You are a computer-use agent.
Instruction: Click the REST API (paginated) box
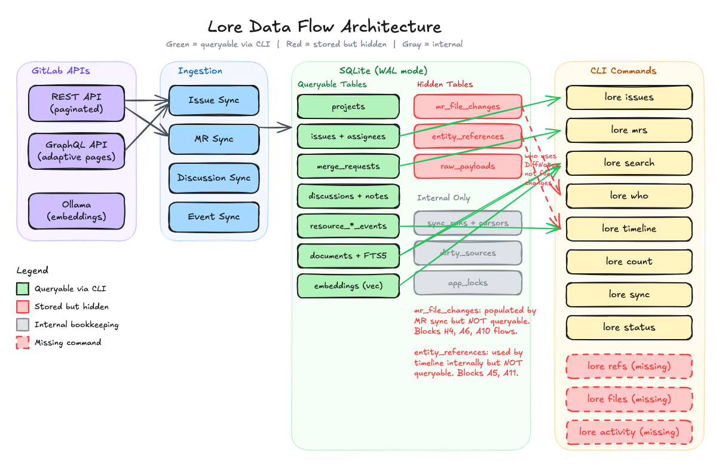point(77,103)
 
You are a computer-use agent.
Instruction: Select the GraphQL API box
point(77,151)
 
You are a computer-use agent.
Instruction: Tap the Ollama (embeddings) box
point(77,210)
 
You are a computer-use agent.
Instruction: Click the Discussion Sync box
point(214,178)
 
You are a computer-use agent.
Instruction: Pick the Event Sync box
point(214,216)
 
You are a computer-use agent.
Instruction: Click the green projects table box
point(348,107)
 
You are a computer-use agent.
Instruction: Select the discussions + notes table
point(348,196)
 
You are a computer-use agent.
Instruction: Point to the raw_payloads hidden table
point(468,166)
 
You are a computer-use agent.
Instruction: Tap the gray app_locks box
point(468,283)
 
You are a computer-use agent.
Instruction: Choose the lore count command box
point(629,261)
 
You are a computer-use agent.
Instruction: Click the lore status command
point(629,327)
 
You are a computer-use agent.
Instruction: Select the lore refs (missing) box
point(629,366)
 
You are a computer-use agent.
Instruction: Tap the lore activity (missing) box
point(629,432)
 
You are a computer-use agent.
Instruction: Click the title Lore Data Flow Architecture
point(325,27)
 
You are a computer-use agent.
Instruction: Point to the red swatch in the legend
point(23,307)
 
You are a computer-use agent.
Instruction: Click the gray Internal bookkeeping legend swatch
point(23,325)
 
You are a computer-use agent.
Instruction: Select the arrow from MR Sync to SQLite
point(276,127)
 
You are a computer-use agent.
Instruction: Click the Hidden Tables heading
point(445,84)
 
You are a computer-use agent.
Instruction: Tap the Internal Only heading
point(443,198)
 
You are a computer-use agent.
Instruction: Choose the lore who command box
point(629,196)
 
